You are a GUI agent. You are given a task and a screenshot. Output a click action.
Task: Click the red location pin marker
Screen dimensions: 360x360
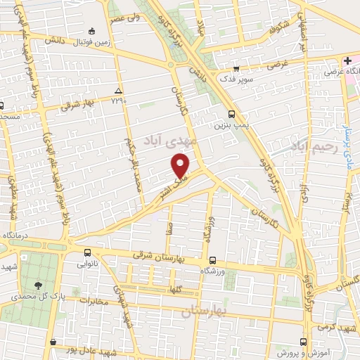pos(181,166)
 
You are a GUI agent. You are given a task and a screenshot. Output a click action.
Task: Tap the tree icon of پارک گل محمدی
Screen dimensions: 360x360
pos(38,285)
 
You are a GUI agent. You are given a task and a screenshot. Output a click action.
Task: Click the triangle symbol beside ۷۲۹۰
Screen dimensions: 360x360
pos(118,91)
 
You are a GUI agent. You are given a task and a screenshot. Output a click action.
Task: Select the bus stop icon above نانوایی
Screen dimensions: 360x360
pos(87,253)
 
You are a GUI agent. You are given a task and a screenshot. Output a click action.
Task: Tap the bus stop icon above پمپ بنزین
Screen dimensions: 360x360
pos(232,113)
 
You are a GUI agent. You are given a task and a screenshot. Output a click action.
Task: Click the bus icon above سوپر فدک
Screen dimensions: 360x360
pos(236,69)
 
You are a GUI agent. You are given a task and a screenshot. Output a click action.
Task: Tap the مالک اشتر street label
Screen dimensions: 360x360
pos(165,188)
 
